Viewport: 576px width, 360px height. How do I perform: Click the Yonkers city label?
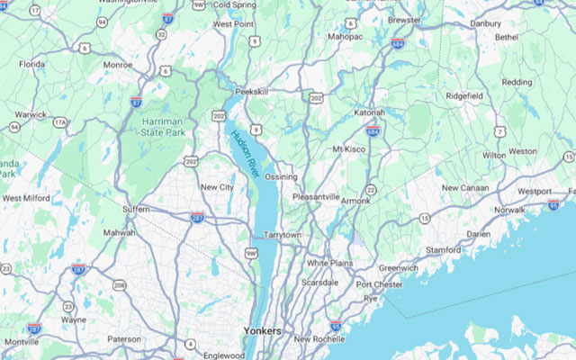point(262,331)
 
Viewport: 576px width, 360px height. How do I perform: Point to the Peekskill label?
point(251,92)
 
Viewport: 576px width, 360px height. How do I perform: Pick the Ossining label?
point(281,176)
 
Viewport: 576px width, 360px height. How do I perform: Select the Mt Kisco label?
point(349,148)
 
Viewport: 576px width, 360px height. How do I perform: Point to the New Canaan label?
point(463,187)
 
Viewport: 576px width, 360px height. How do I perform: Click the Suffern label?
point(136,209)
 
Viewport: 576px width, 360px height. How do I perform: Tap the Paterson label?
point(123,338)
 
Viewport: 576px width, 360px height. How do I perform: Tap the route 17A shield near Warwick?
point(60,122)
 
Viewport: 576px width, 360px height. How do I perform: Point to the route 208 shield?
point(119,284)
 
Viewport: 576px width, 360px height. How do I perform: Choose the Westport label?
point(535,191)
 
